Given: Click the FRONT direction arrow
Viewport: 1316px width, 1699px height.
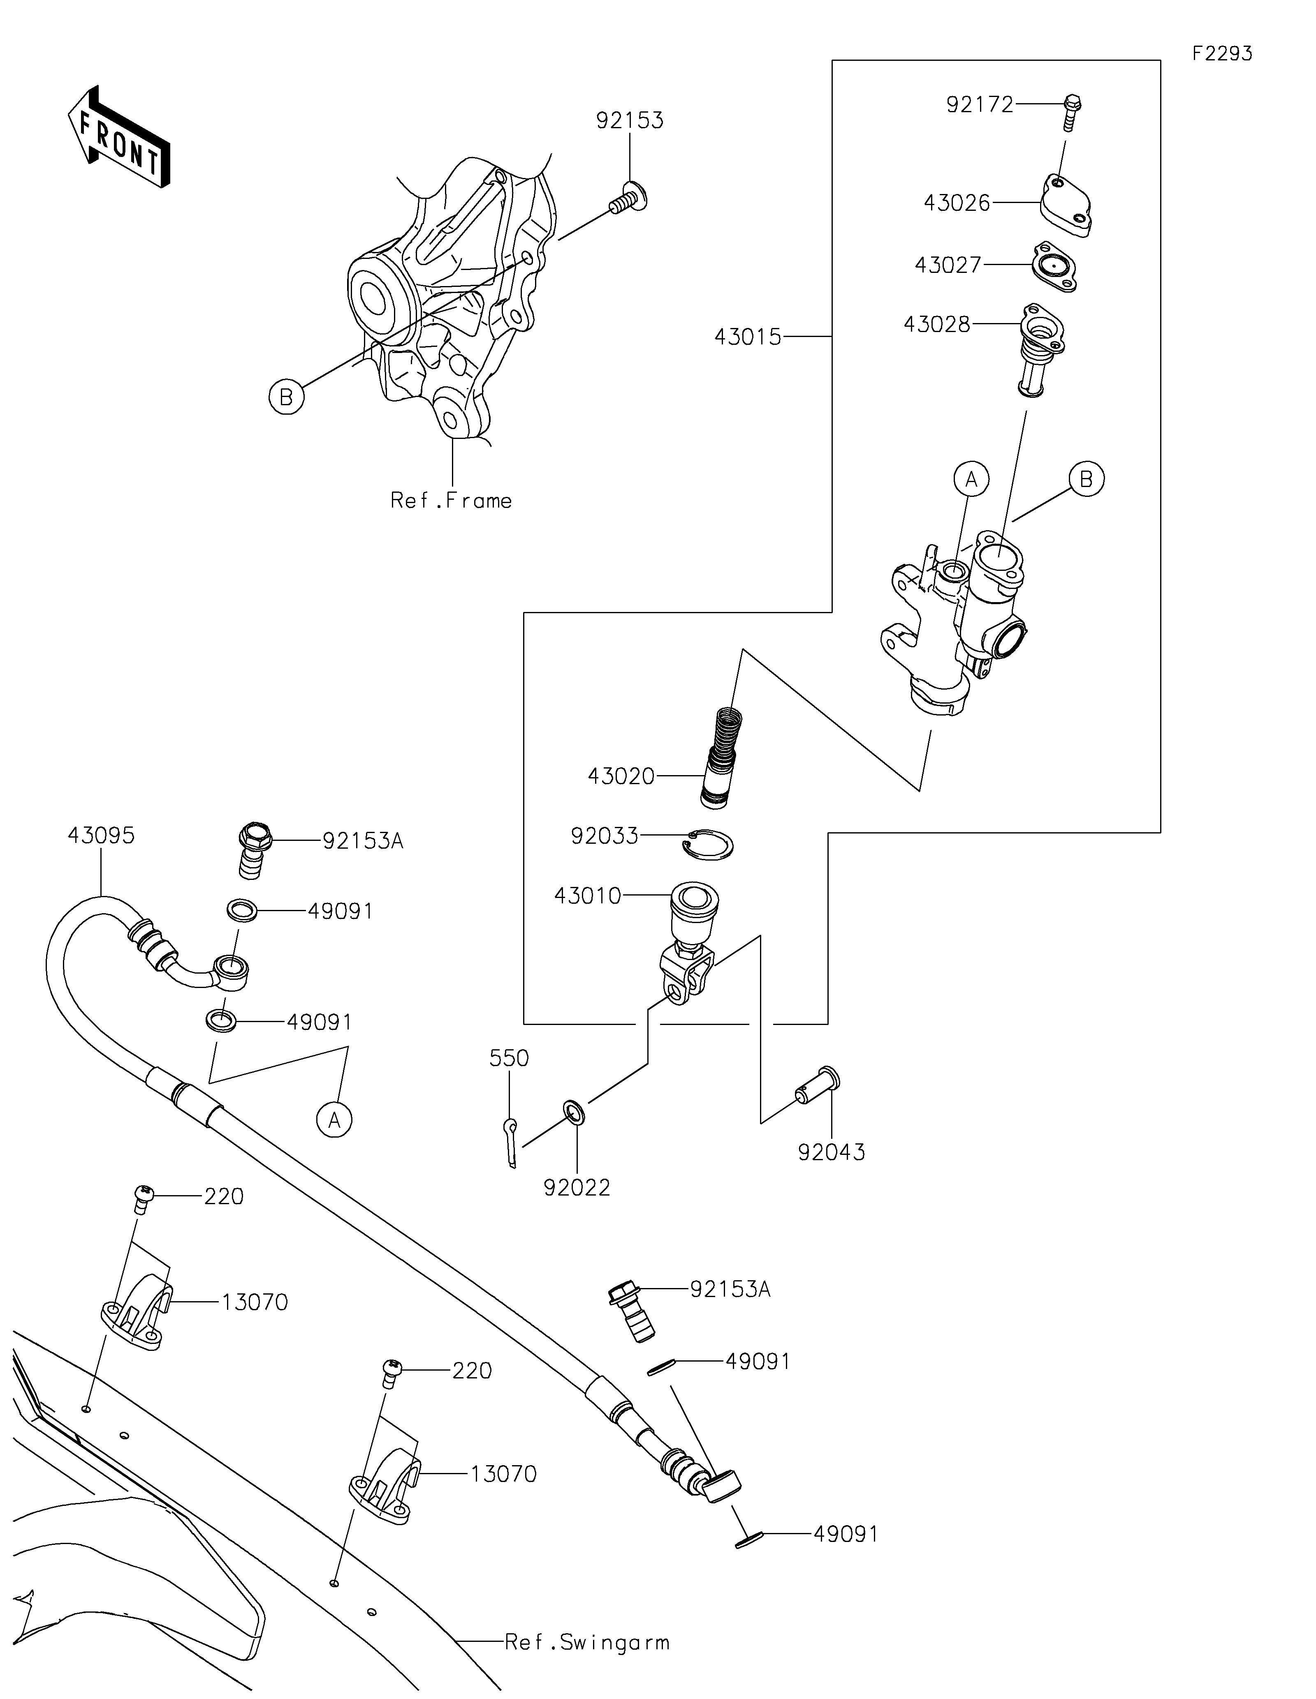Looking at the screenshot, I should pos(118,137).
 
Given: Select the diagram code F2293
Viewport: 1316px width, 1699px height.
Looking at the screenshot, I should pos(1222,54).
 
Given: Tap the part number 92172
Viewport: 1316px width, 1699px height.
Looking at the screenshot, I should pos(979,104).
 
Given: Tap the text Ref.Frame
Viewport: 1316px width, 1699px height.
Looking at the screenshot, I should pos(452,500).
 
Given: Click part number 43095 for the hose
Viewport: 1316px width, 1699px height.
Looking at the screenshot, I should pos(101,836).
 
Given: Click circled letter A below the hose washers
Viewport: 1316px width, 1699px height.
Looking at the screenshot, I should pos(334,1120).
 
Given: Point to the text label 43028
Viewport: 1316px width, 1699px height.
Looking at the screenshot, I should pos(936,324).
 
